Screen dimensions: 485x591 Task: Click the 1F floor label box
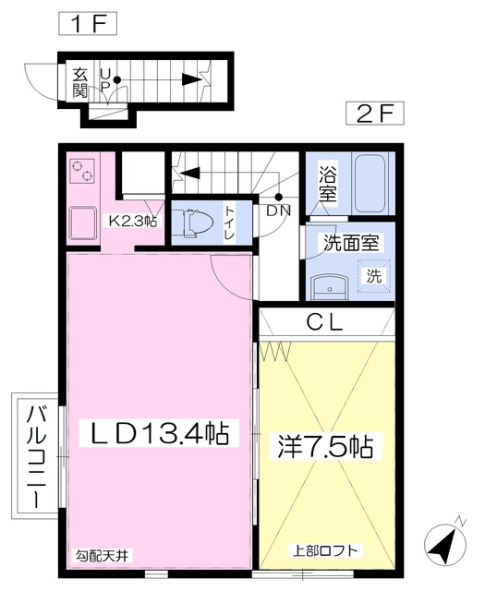coord(88,23)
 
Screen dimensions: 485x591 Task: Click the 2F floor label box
coord(375,113)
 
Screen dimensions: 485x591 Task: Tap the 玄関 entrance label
coord(80,83)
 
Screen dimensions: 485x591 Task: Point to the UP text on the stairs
coord(105,80)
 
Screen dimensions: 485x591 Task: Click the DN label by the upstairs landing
coord(279,211)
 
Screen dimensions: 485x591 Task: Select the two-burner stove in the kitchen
coord(82,171)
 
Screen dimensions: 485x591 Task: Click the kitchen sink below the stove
coord(82,223)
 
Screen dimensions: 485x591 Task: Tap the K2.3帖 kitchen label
coord(133,221)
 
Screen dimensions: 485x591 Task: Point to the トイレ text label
coord(230,223)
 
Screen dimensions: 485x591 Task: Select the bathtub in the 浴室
coord(370,184)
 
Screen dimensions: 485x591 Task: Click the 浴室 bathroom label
coord(328,184)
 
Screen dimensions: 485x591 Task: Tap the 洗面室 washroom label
coord(351,242)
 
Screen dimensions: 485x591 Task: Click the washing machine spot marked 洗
coord(374,276)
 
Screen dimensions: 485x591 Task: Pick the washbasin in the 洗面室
coord(329,287)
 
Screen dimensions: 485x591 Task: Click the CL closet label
coord(324,322)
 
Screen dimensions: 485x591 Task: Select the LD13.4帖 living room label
coord(159,433)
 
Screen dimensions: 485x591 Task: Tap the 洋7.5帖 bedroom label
coord(326,447)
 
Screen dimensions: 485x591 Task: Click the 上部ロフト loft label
coord(325,550)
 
